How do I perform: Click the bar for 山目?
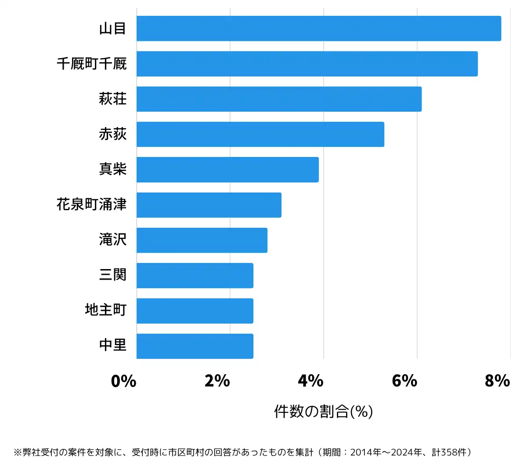(x=318, y=29)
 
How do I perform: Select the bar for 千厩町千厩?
(x=307, y=64)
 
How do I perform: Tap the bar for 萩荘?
(x=279, y=99)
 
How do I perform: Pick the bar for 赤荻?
(x=260, y=134)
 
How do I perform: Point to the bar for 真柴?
(x=227, y=170)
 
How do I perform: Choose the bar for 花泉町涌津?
(x=209, y=205)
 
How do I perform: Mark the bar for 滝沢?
(x=202, y=240)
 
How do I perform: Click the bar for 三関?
(x=195, y=276)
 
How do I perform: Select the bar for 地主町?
(x=195, y=311)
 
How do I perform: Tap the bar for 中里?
(x=195, y=346)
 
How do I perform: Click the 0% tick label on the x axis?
(x=123, y=381)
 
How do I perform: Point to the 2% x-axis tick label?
(x=217, y=381)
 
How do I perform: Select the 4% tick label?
(x=310, y=381)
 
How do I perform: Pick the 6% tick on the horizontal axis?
(x=404, y=381)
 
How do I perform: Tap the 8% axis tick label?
(x=497, y=381)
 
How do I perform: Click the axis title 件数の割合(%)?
(x=323, y=412)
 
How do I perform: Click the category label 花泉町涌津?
(x=91, y=204)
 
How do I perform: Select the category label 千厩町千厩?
(x=91, y=64)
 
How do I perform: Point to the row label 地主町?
(x=105, y=310)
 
